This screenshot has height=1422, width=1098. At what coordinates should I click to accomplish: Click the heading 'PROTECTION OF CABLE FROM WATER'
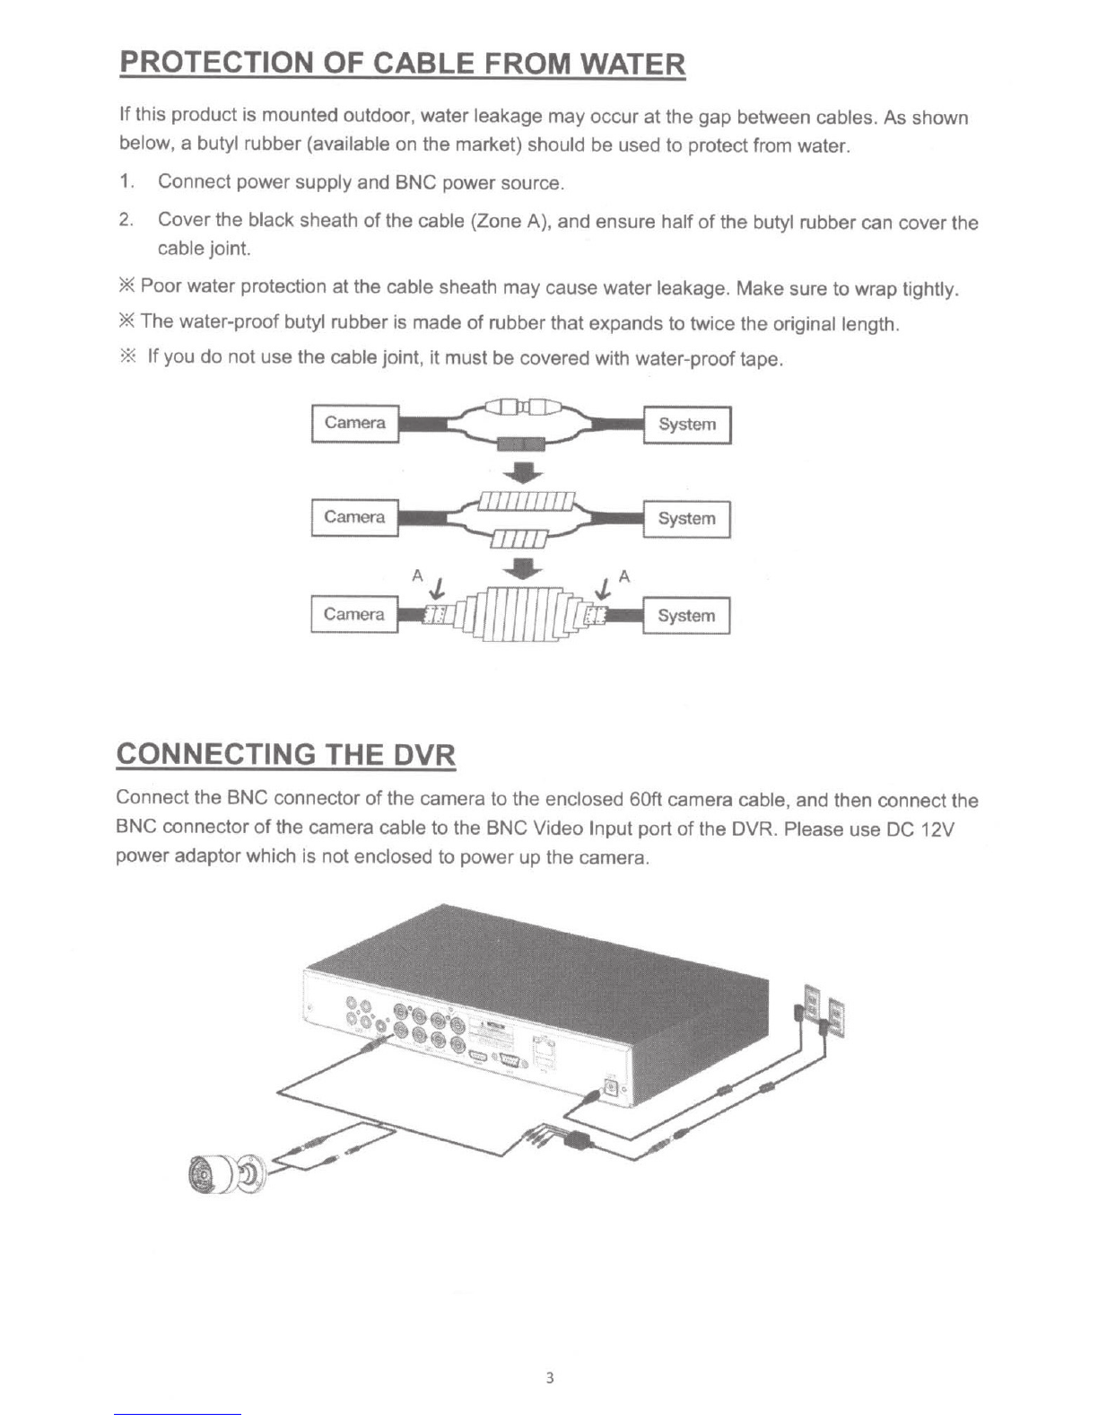pos(402,65)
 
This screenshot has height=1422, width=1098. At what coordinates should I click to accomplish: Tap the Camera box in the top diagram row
pos(354,424)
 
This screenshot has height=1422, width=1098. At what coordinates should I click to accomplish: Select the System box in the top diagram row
pos(687,425)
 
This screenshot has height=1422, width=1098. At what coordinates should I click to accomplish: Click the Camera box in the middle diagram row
pos(354,518)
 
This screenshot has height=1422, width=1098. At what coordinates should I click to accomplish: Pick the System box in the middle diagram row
pos(687,519)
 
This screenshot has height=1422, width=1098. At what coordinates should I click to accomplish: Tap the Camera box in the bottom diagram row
pos(354,615)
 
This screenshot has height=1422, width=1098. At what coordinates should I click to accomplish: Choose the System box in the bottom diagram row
pos(686,616)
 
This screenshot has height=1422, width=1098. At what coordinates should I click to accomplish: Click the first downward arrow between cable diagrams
pos(522,471)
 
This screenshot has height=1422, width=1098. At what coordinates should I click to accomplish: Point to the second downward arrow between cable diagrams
pos(522,568)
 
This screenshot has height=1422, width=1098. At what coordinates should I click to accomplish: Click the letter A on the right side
pos(625,577)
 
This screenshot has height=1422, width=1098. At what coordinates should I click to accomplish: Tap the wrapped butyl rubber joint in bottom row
pos(520,616)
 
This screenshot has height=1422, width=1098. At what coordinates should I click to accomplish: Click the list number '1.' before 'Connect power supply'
pos(126,182)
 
